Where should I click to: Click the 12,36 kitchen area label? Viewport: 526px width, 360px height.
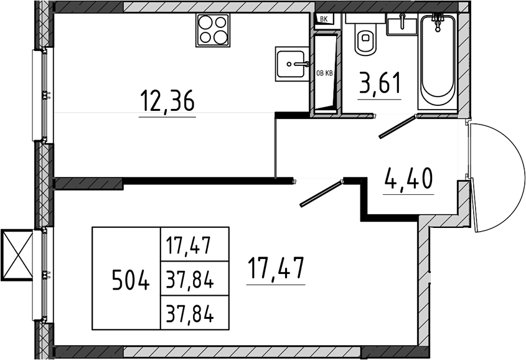point(167,102)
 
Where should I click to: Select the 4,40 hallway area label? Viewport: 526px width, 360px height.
point(408,179)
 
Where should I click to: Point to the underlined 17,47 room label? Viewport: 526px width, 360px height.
point(276,268)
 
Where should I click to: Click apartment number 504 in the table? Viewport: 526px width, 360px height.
point(131,280)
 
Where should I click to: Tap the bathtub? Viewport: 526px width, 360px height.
point(438,62)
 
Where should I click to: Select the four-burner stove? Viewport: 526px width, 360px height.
point(212,30)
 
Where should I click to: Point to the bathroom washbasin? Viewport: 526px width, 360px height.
point(402,24)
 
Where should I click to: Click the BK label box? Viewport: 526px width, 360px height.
point(324,19)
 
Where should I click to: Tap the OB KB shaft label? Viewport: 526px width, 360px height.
point(324,73)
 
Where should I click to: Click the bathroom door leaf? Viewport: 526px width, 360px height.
point(398,126)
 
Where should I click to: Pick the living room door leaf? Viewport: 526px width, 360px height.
point(321,193)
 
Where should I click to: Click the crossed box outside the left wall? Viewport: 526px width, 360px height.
point(17,255)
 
